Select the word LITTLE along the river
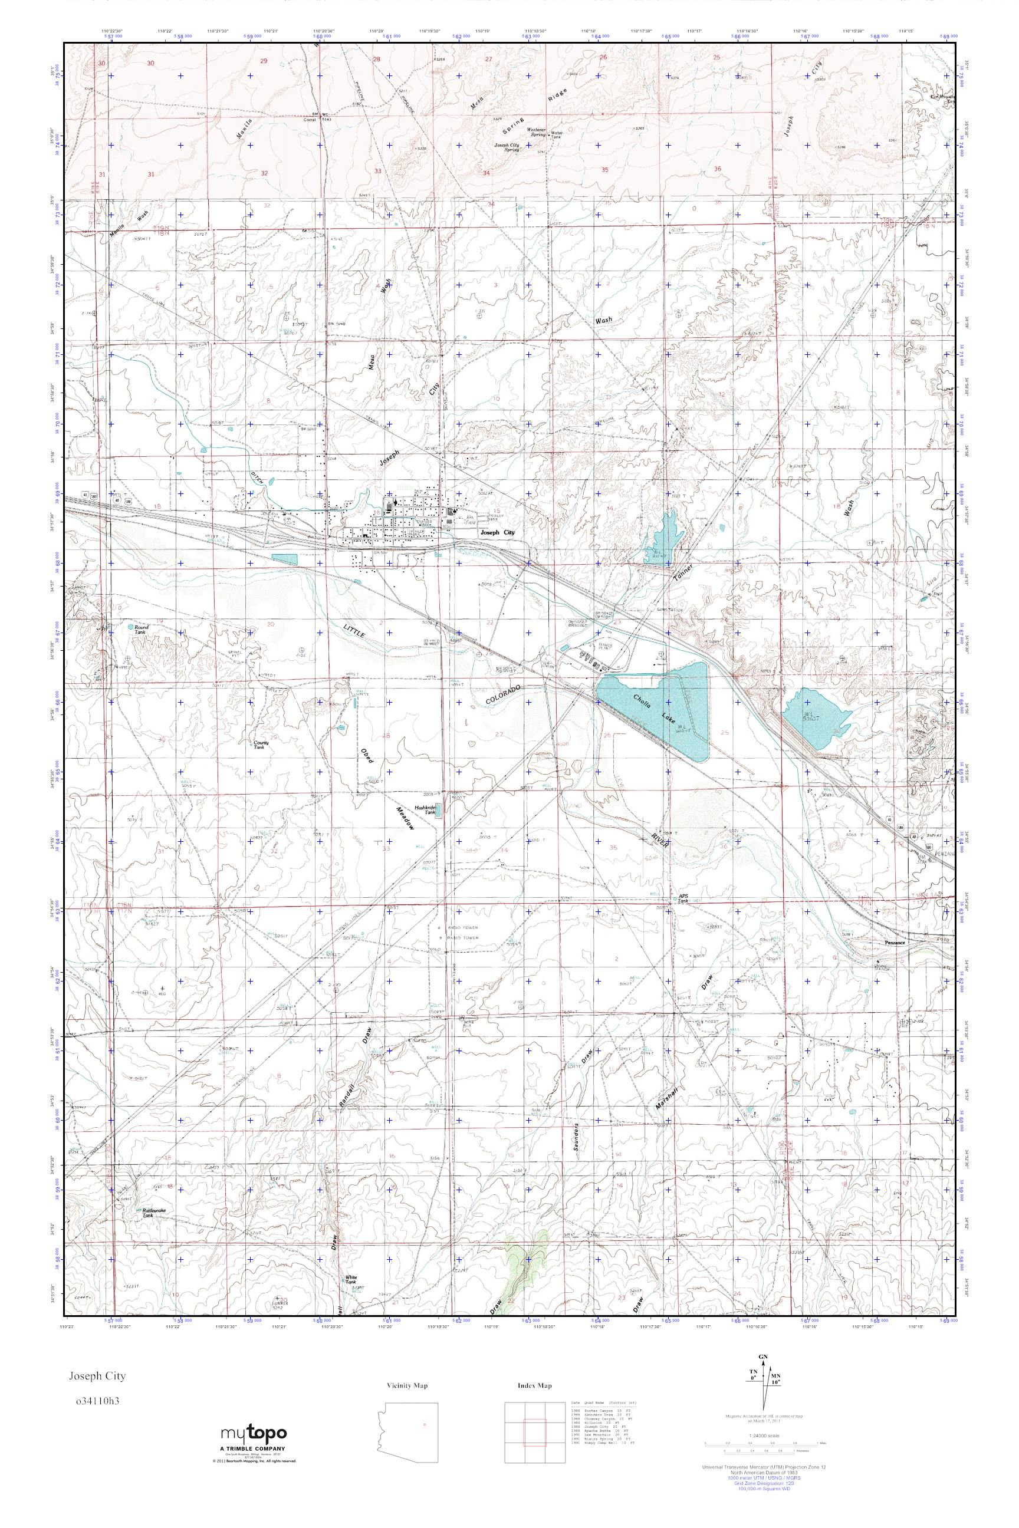coord(356,630)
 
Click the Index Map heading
coord(535,1386)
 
